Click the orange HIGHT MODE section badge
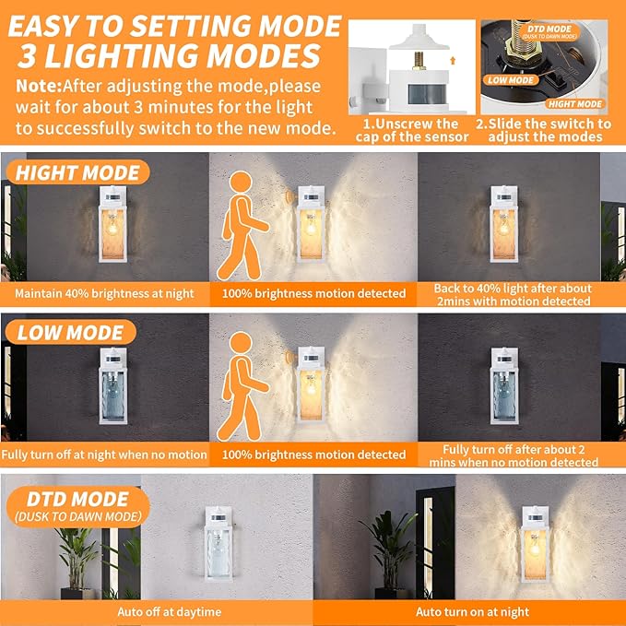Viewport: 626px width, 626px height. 77,172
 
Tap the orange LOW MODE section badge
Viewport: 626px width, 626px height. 71,332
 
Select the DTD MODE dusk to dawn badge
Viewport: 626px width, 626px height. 78,507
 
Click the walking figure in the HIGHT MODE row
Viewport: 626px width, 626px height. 242,226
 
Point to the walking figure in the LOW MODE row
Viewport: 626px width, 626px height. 242,386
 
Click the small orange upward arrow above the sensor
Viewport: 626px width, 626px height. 453,60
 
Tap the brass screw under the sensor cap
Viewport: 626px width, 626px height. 419,61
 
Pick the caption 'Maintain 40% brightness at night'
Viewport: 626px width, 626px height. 104,294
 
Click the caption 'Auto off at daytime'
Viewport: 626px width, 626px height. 170,612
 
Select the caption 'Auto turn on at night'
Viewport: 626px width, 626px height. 472,612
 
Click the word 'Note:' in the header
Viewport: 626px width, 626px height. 39,87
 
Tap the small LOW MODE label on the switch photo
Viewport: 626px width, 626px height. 511,80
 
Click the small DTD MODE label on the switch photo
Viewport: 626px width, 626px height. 549,31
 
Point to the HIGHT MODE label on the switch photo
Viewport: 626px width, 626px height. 575,104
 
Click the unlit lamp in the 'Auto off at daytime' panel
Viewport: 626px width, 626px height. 219,544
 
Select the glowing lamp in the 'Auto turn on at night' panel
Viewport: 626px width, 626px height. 536,544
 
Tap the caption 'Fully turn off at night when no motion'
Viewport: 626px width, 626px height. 104,455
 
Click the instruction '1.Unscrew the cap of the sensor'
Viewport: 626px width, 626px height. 412,131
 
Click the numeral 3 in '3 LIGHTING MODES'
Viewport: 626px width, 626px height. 27,55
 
